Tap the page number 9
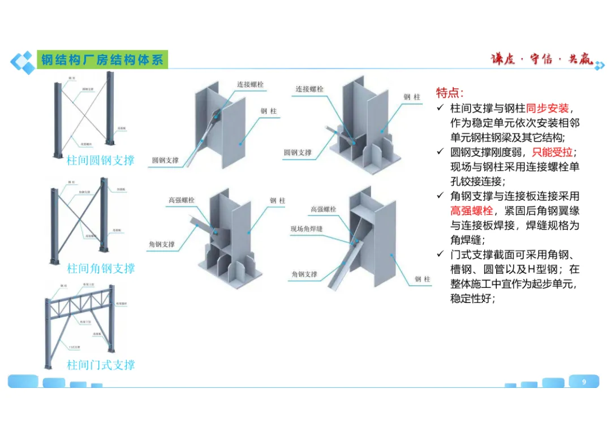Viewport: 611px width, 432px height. (x=584, y=382)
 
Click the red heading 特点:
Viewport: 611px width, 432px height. (x=450, y=93)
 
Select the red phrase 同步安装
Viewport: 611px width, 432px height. (x=547, y=108)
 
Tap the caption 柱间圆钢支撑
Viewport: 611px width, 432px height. (x=101, y=160)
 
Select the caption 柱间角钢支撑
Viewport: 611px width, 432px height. (x=101, y=268)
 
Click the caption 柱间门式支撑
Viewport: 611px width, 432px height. (x=101, y=365)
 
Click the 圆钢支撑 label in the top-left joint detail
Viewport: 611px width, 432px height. (x=165, y=161)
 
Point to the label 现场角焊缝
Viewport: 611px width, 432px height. (x=306, y=228)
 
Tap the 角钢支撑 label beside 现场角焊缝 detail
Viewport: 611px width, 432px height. (x=304, y=274)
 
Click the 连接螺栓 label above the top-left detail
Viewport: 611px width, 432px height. (x=250, y=85)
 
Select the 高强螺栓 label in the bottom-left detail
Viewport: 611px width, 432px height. (x=182, y=200)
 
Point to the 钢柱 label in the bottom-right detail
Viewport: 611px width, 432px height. (x=422, y=279)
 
